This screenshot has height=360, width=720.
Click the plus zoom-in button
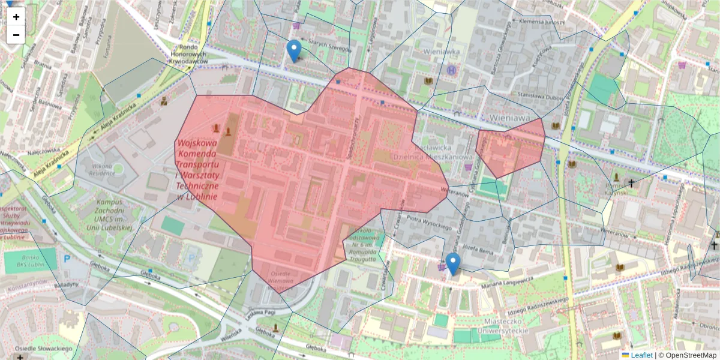pos(16,17)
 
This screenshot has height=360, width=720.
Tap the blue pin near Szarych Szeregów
pos(293,51)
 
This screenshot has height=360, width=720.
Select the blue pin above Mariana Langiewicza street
pos(453,264)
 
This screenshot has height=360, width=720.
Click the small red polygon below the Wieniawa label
pos(510,147)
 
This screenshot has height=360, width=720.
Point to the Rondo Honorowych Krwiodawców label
pos(188,55)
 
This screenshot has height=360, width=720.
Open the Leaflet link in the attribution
pos(641,355)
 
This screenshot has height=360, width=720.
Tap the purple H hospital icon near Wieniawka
pos(451,70)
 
